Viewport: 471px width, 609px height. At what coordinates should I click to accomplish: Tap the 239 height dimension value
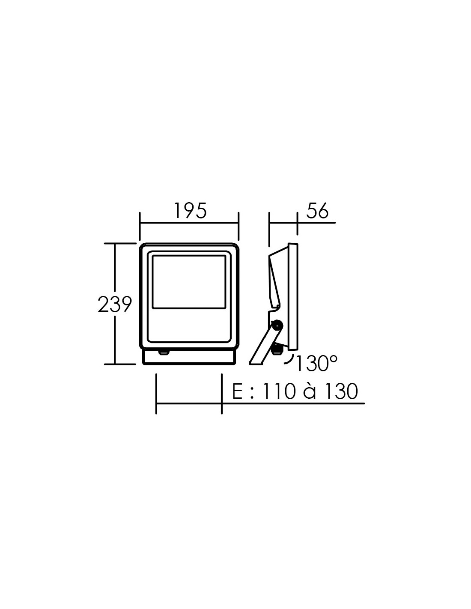click(115, 304)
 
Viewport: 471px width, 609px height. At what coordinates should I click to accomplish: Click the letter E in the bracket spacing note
click(237, 391)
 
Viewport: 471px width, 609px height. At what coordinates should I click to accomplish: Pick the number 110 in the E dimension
click(279, 391)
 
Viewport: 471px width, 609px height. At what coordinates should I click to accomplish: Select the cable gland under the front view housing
click(164, 352)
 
